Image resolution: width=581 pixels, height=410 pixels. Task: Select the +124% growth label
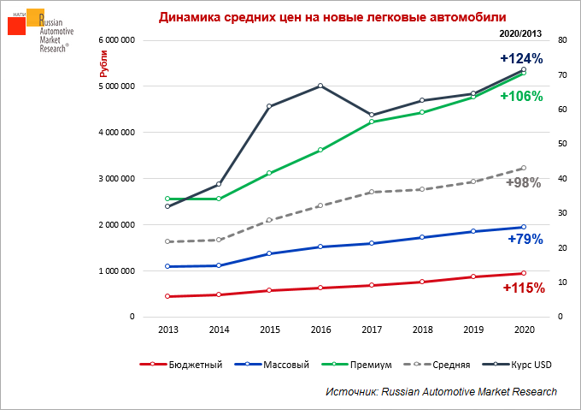[521, 59]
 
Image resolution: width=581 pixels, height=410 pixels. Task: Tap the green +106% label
[521, 97]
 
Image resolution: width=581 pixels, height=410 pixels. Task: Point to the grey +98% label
[524, 182]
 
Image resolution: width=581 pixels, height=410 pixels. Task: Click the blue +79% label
[525, 240]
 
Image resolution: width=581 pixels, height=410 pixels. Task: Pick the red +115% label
[523, 288]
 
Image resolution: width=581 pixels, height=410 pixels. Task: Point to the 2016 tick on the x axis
[320, 329]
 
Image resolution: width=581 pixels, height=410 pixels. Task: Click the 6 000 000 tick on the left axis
[118, 40]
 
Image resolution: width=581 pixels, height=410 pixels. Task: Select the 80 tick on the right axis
[561, 40]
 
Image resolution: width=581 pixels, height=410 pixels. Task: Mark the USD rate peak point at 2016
[320, 86]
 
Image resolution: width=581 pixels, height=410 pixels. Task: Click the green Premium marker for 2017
[371, 122]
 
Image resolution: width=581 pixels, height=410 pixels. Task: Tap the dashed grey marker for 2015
[269, 220]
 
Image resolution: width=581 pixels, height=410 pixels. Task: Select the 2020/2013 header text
[520, 33]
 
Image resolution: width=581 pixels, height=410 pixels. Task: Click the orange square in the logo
[35, 18]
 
